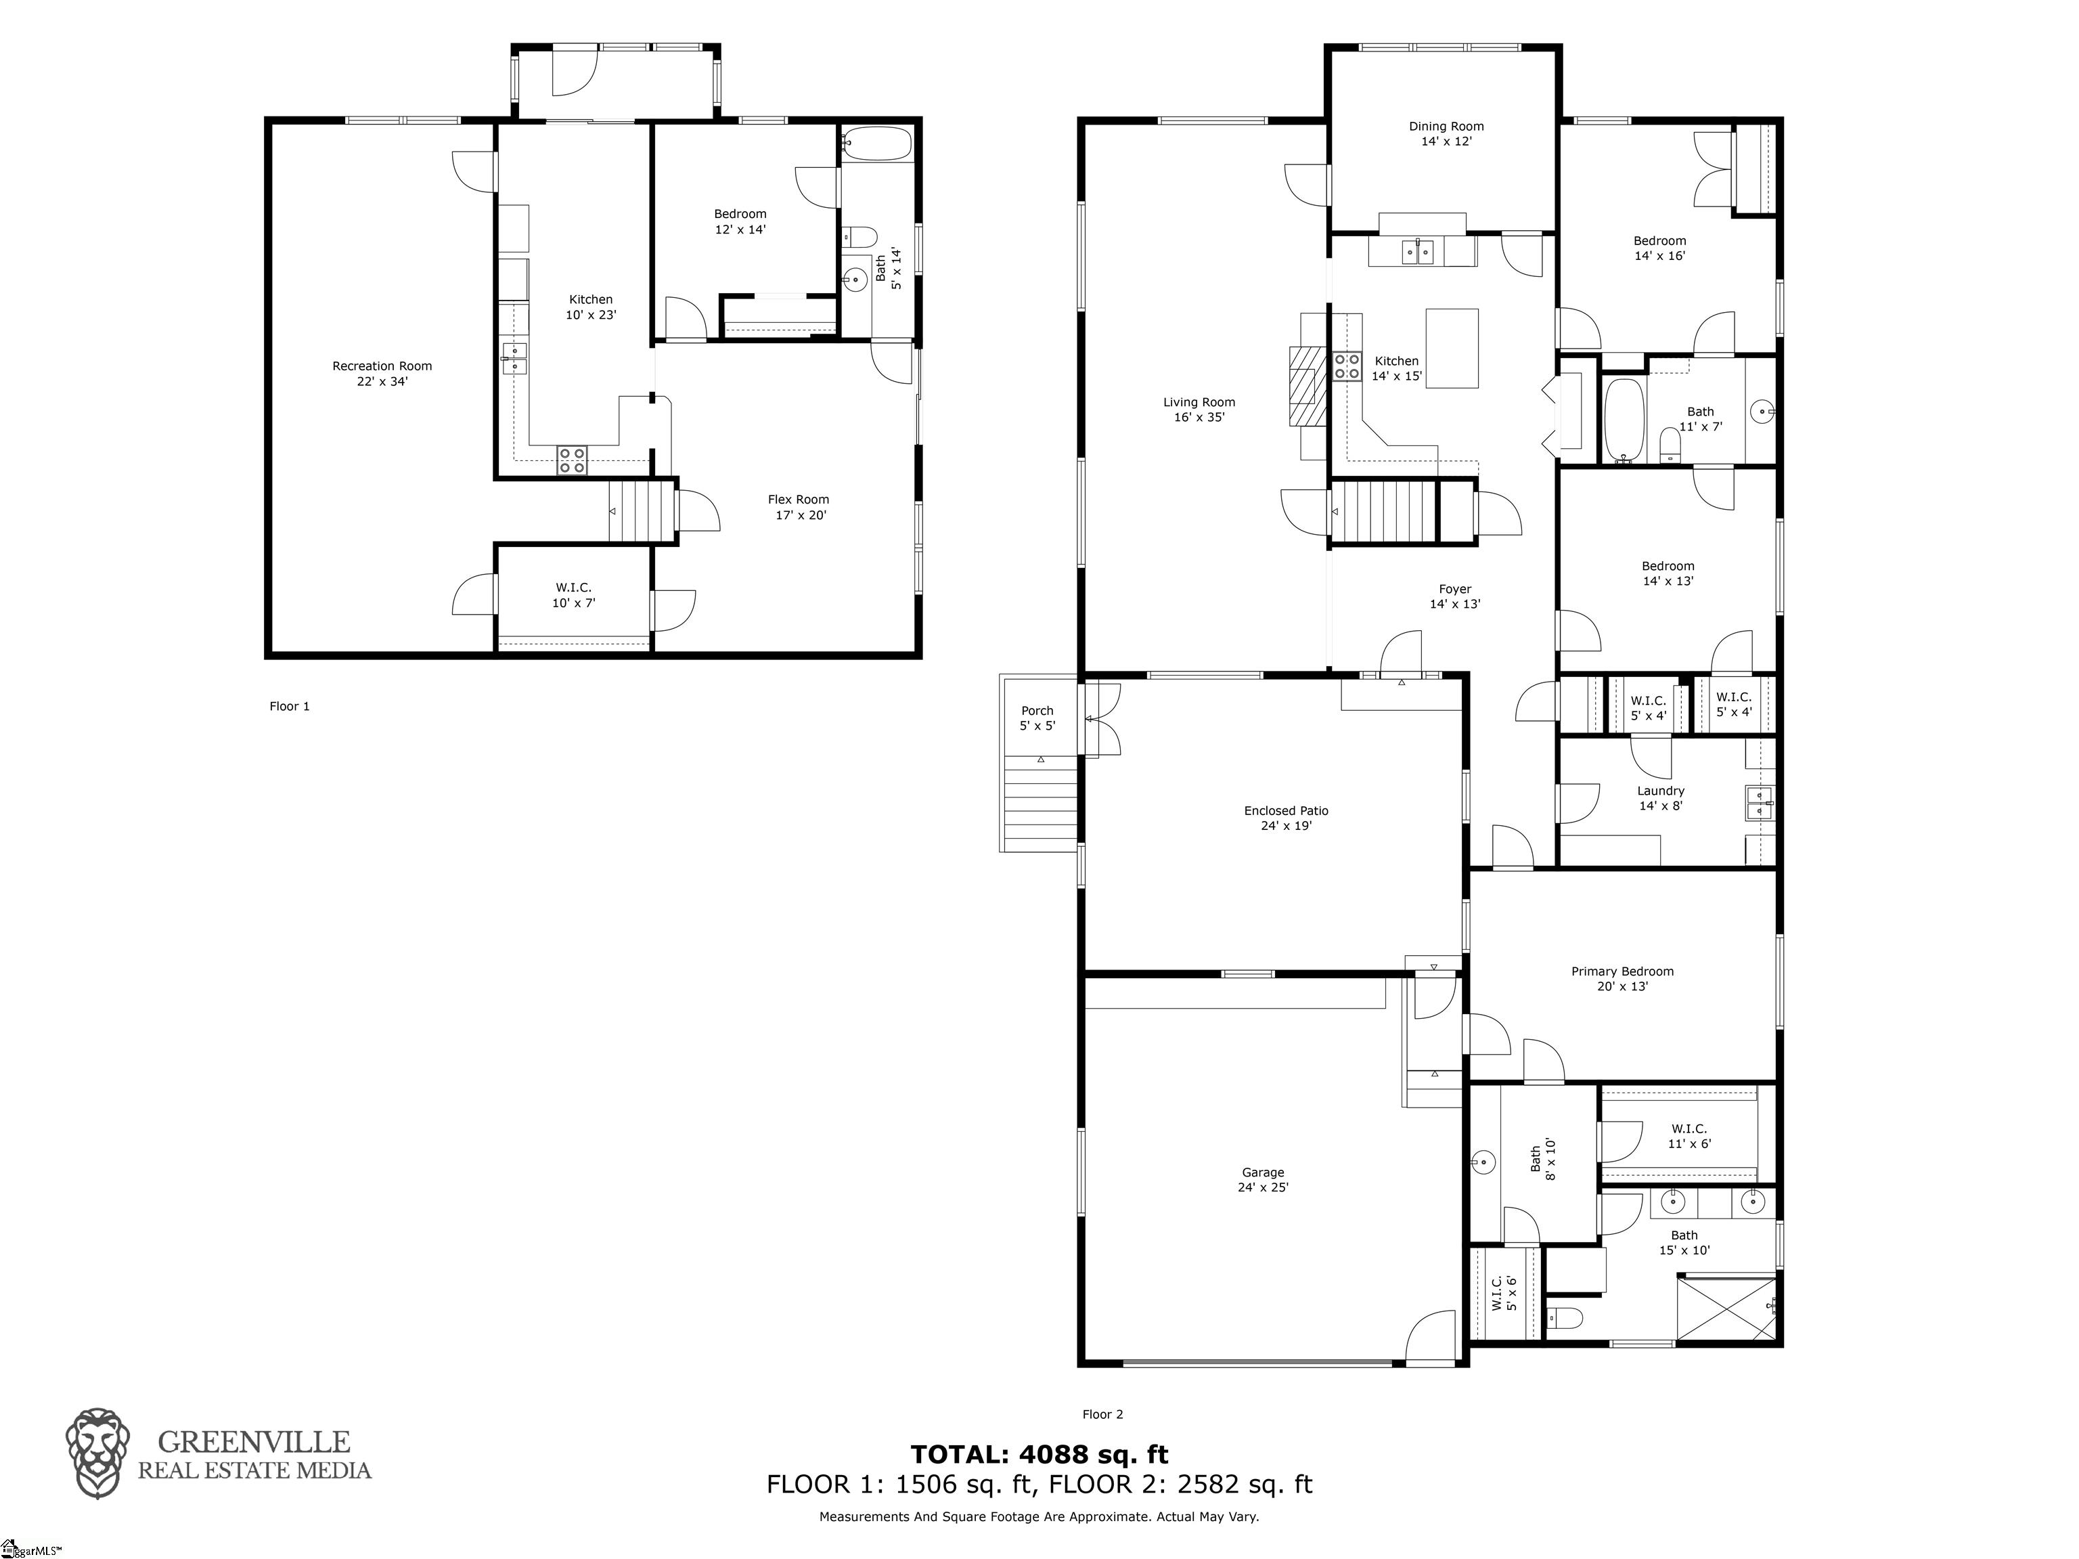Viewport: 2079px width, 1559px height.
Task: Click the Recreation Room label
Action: (382, 373)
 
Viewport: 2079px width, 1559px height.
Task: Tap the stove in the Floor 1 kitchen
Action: (571, 460)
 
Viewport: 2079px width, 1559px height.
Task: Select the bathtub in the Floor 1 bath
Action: (876, 145)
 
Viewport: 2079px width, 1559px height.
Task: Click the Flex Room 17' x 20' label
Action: (798, 507)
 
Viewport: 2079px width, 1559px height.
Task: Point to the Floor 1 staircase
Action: (642, 510)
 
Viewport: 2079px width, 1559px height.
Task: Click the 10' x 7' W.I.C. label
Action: (573, 595)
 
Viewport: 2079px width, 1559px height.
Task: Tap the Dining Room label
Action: (1446, 133)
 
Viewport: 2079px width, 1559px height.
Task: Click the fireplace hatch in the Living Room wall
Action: (1305, 385)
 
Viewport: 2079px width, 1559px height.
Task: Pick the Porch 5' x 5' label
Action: (1037, 718)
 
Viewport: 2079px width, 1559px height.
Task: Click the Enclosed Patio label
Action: (1286, 818)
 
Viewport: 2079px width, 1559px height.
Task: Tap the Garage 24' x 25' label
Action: (1262, 1179)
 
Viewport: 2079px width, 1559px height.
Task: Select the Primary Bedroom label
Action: (1622, 978)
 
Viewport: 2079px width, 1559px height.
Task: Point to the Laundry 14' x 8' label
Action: (1660, 797)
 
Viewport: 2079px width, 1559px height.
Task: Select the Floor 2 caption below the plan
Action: (1102, 1414)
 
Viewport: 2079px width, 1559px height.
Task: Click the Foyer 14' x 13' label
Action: (1455, 596)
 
